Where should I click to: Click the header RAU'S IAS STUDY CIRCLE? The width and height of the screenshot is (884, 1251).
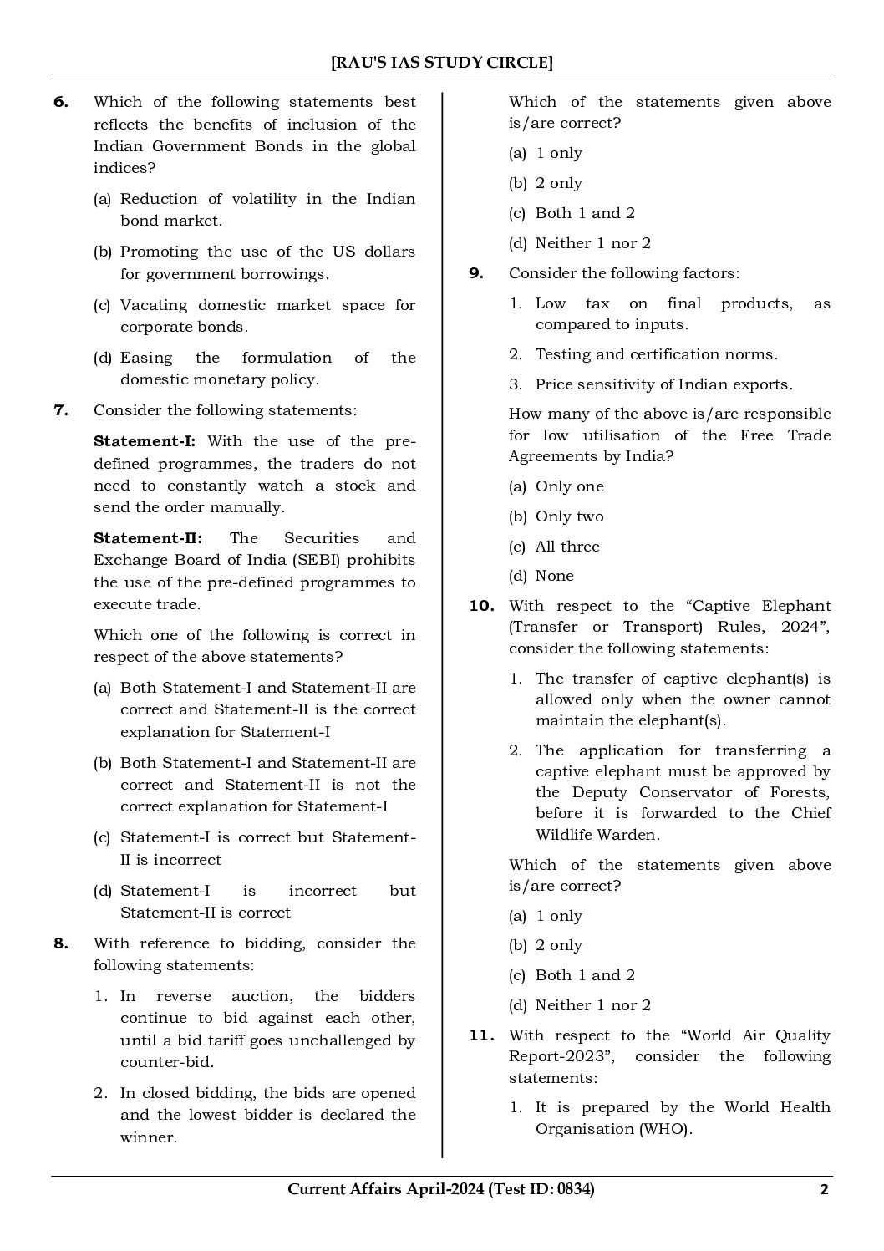(x=442, y=62)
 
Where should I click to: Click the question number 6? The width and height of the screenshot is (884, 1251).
(x=61, y=102)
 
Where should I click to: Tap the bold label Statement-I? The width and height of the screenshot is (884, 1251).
(x=145, y=441)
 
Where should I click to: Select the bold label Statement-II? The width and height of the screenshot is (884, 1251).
(x=148, y=538)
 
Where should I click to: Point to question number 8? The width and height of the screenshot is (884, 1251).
(x=61, y=943)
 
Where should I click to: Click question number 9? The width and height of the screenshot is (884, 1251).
(x=476, y=273)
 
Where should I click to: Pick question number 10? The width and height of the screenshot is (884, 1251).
(x=482, y=606)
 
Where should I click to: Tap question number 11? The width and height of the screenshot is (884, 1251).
(x=482, y=1035)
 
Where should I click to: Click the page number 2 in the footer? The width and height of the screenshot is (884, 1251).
(x=824, y=1190)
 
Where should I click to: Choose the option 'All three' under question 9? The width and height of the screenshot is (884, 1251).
(x=567, y=547)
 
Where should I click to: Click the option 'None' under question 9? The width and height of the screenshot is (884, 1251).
(x=555, y=576)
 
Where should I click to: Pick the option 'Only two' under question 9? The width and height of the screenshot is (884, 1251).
(x=569, y=516)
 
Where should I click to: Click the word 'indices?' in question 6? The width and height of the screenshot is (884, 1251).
(x=124, y=168)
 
